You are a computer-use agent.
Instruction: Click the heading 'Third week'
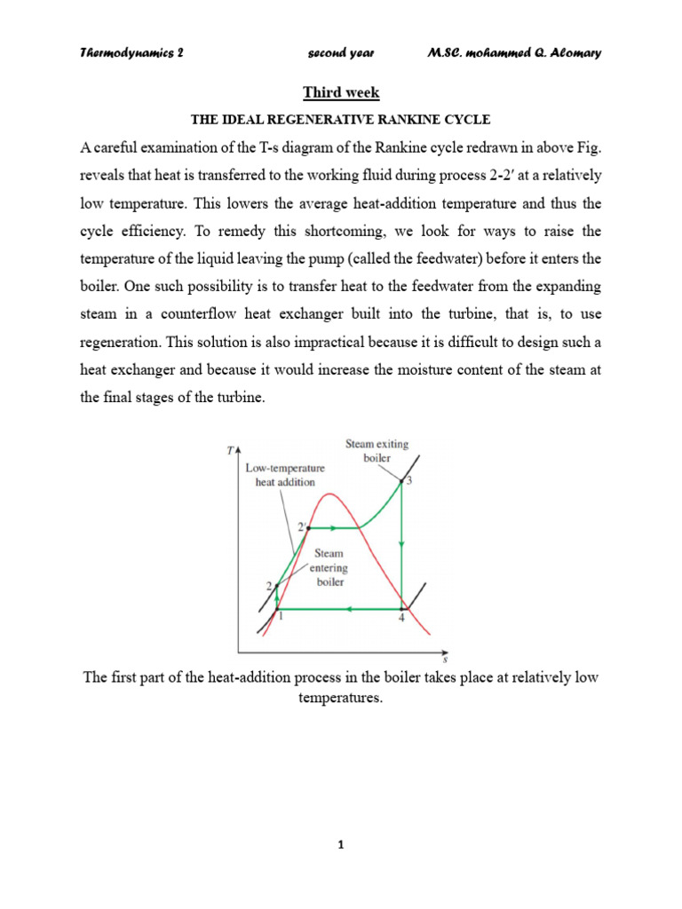(x=341, y=93)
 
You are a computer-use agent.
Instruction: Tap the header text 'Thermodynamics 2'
(x=131, y=52)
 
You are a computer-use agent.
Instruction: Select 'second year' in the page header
(x=341, y=52)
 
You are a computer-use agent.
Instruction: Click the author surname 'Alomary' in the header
(x=572, y=52)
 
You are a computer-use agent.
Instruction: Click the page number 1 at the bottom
(x=341, y=845)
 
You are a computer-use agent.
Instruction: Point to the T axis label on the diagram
(x=230, y=451)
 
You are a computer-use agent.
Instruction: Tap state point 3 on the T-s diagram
(x=402, y=482)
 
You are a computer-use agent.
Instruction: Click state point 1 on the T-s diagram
(x=277, y=610)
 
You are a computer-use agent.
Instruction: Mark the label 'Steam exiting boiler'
(x=377, y=450)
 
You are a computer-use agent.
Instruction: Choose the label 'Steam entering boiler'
(x=329, y=567)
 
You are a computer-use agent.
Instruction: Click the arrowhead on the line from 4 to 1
(x=350, y=610)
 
